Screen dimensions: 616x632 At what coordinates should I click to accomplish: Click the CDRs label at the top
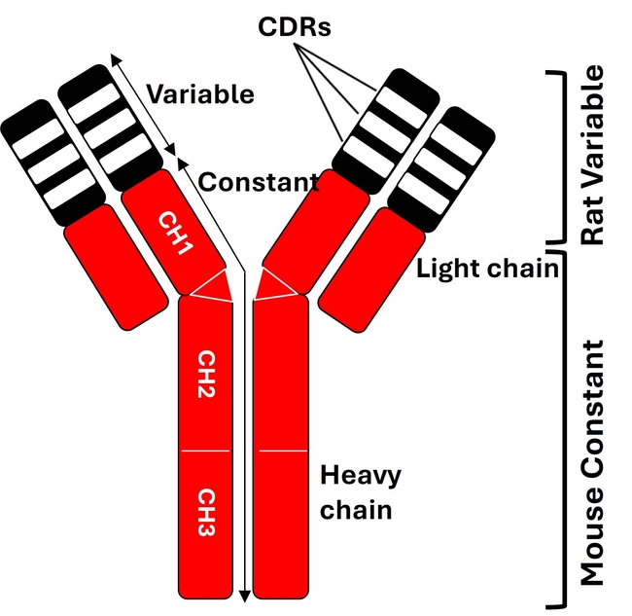(x=296, y=26)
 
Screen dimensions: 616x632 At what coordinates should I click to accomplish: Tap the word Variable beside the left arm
(x=200, y=94)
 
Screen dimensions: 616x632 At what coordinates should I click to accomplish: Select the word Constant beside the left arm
(x=259, y=182)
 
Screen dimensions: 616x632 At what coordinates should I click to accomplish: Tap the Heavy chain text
(x=361, y=492)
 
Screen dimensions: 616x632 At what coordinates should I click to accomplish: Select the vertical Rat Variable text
(x=590, y=156)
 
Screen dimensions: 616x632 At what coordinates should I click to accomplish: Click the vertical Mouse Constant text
(x=590, y=462)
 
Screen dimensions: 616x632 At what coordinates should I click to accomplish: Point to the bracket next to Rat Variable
(x=557, y=156)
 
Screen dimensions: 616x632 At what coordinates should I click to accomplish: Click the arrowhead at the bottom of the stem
(x=244, y=595)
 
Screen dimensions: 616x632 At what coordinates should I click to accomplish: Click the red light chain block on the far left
(x=115, y=266)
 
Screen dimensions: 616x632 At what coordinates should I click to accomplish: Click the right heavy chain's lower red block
(x=282, y=525)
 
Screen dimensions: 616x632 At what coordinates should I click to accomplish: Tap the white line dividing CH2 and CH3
(x=205, y=453)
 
